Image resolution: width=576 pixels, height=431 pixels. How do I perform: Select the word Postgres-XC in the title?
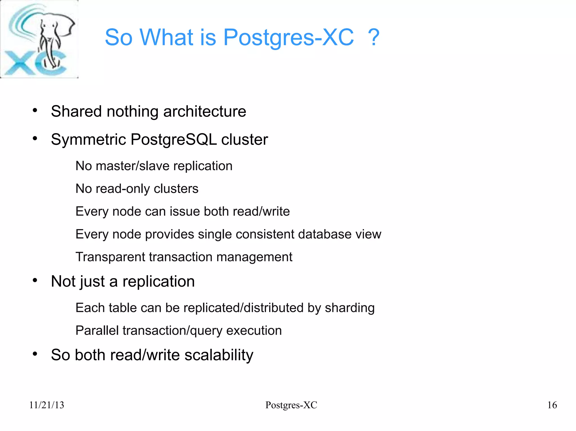coord(288,37)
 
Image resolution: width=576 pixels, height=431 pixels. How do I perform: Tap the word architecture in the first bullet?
coord(204,111)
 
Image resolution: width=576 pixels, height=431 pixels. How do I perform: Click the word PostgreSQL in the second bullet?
coord(174,140)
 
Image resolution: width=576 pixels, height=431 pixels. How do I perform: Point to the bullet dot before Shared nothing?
coord(35,110)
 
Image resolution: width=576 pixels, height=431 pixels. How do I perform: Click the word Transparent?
coord(111,257)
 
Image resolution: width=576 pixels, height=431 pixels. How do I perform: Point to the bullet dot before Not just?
coord(35,280)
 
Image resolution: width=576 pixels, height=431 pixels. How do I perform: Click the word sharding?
coord(350,308)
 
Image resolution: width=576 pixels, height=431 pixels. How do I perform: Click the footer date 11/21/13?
coord(47,405)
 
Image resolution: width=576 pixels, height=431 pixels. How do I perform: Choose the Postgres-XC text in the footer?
coord(291,405)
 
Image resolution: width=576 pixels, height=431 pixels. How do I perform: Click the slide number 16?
coord(552,405)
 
